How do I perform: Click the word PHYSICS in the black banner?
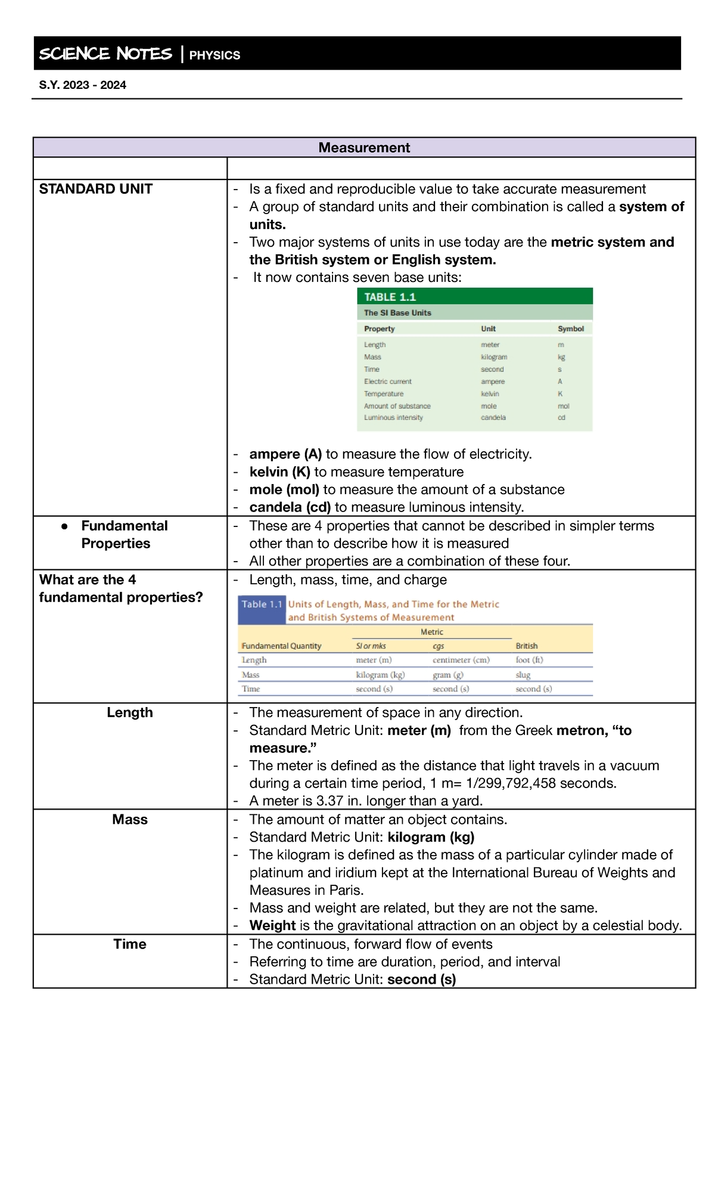pos(214,55)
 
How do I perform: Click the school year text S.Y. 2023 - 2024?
pos(83,85)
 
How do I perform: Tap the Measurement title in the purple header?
pos(364,148)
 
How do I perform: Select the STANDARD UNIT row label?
pos(96,189)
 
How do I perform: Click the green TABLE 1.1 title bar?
pos(474,297)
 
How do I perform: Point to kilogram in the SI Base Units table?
pos(494,357)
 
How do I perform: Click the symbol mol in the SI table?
pos(563,406)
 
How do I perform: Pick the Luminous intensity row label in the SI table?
pos(393,418)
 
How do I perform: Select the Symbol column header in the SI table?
pos(570,328)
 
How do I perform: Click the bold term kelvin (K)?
pos(279,472)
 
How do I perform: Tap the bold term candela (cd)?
pos(290,507)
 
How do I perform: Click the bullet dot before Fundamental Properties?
pos(64,526)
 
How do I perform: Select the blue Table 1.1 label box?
pos(262,604)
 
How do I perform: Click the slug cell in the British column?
pos(523,675)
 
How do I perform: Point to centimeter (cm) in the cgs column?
pos(461,660)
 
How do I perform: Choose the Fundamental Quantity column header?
pos(281,646)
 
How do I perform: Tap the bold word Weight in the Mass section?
pos(272,926)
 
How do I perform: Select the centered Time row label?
pos(130,944)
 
